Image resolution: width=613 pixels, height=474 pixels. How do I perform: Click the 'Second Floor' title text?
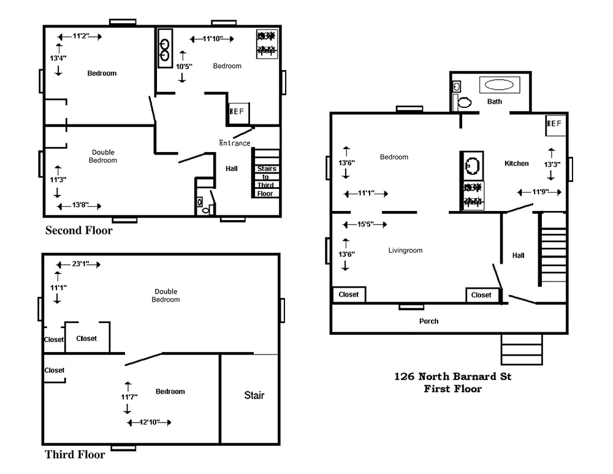click(x=79, y=231)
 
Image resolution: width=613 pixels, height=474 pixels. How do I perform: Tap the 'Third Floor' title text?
click(x=75, y=454)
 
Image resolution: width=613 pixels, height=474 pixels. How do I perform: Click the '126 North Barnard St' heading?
click(x=453, y=377)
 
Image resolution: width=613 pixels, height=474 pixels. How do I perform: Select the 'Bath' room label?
click(x=495, y=101)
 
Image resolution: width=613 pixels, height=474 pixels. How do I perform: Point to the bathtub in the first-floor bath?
click(x=500, y=85)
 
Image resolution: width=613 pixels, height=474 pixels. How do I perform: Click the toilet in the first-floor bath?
click(x=464, y=102)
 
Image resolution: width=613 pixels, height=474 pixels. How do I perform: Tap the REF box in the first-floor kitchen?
click(x=555, y=125)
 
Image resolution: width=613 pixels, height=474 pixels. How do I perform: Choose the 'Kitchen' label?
click(x=516, y=164)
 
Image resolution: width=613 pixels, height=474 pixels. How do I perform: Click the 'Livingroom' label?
click(x=405, y=250)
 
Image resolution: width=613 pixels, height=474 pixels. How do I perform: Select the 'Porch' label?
click(x=429, y=321)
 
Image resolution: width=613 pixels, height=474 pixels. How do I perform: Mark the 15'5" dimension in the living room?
click(x=365, y=224)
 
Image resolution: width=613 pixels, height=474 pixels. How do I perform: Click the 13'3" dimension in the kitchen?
click(x=552, y=164)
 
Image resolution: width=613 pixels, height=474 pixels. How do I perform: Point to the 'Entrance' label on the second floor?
click(x=235, y=143)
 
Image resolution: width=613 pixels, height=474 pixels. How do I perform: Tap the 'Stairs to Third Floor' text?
click(x=266, y=181)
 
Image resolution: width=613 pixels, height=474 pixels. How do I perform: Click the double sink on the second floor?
click(x=164, y=49)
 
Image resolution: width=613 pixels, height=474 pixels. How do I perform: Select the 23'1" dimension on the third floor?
click(x=78, y=264)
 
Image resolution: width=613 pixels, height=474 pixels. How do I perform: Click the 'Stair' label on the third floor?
click(x=254, y=396)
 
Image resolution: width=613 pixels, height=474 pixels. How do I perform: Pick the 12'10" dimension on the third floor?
click(x=150, y=422)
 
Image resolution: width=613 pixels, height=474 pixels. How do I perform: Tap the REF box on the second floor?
click(x=238, y=113)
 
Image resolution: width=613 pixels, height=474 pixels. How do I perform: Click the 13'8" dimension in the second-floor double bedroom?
click(x=79, y=205)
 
